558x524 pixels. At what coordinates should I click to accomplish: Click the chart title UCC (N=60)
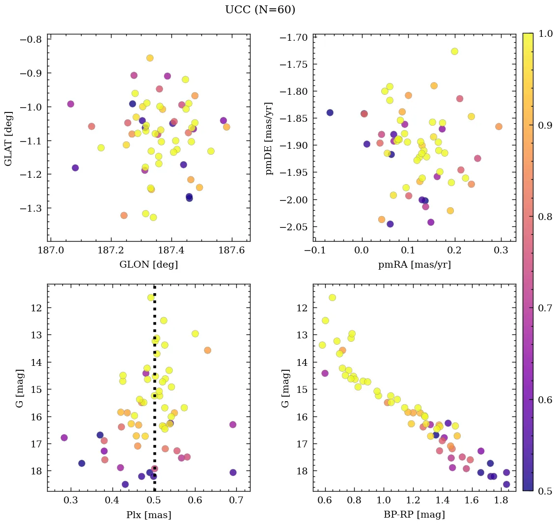point(260,10)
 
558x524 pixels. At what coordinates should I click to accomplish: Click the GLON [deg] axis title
point(148,265)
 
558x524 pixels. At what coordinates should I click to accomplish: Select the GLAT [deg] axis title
point(9,138)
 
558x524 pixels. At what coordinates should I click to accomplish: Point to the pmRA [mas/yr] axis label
point(414,265)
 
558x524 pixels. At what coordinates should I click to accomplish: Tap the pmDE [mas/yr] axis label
point(269,138)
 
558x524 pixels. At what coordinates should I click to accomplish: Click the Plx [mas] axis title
point(148,515)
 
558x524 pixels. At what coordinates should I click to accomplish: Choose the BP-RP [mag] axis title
point(414,515)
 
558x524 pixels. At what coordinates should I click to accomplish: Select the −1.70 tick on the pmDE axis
point(294,38)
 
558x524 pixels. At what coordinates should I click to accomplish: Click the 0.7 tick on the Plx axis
point(236,502)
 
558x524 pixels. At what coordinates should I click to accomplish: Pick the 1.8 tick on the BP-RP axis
point(501,502)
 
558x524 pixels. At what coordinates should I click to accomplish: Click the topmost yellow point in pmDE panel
point(454,52)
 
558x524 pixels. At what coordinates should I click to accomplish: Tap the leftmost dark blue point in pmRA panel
point(330,112)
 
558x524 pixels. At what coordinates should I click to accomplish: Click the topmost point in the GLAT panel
point(150,58)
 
